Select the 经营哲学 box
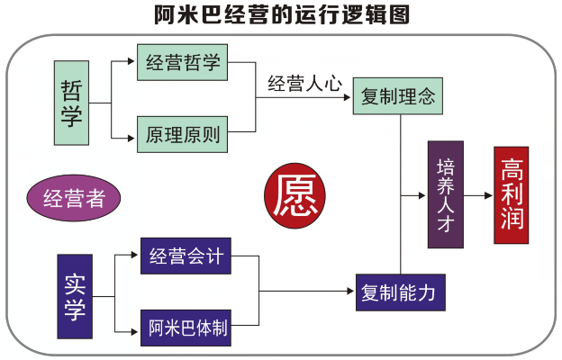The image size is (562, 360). [183, 63]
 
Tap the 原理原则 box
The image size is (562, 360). [183, 135]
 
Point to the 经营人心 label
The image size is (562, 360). [305, 84]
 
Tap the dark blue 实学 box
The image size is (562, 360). [75, 296]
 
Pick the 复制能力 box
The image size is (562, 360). [398, 292]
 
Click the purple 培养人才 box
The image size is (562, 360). [445, 194]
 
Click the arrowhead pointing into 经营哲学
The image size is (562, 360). [131, 63]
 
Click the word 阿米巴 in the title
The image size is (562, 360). [186, 15]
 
